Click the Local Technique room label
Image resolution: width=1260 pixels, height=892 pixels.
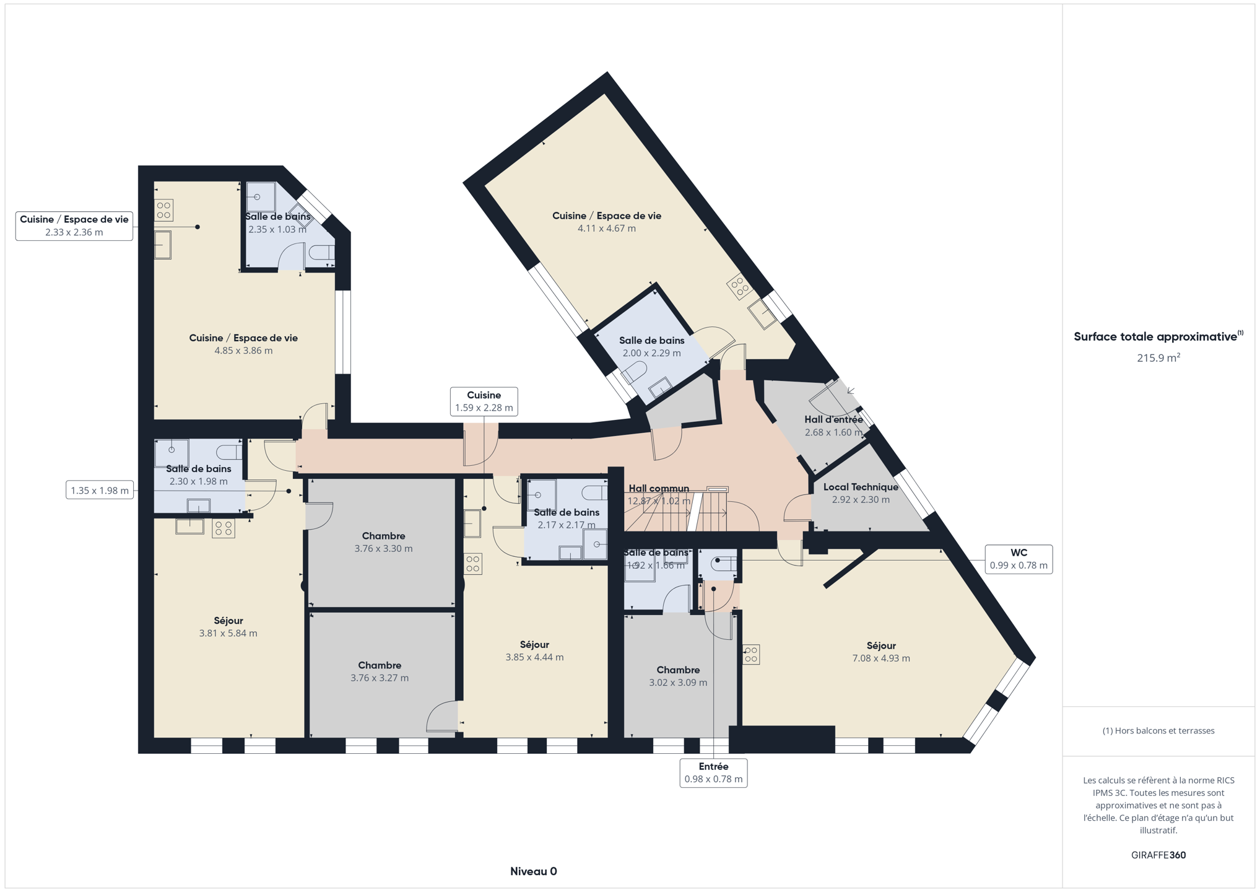861,487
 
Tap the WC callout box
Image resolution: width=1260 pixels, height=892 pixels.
1019,559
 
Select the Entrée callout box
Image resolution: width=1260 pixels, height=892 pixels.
713,772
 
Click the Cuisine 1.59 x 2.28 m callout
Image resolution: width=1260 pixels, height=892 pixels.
484,401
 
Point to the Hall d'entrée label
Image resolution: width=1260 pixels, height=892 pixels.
833,419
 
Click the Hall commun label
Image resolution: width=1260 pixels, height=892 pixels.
659,488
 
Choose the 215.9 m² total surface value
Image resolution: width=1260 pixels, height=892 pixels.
1158,357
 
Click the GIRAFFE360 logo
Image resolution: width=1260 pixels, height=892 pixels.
1158,855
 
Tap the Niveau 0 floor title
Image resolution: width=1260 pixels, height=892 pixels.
533,871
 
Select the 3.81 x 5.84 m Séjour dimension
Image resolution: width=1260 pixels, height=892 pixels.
228,633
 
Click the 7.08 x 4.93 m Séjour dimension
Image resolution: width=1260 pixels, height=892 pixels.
881,658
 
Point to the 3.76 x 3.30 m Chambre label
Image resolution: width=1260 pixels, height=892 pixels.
383,542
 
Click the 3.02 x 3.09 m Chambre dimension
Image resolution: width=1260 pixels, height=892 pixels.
678,682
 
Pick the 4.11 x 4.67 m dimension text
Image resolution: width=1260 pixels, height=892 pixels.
607,228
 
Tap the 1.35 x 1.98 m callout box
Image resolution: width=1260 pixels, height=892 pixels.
100,491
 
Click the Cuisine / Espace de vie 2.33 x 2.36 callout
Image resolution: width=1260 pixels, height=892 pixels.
74,225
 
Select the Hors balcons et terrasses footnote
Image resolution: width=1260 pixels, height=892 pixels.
1158,730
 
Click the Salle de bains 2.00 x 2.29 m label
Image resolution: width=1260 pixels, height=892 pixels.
651,346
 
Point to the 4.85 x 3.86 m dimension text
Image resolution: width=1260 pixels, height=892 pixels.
243,350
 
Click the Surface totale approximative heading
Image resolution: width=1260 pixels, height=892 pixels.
1158,336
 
